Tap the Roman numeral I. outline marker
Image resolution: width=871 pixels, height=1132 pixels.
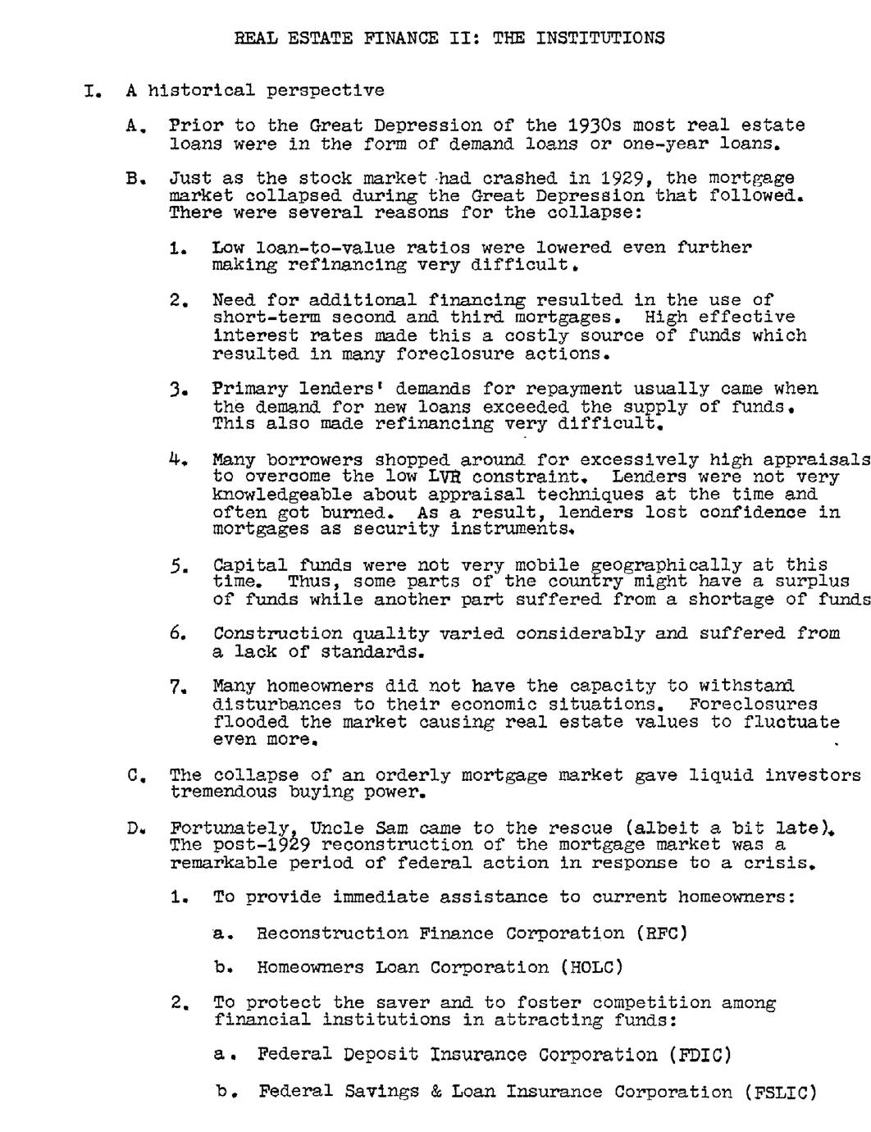92,91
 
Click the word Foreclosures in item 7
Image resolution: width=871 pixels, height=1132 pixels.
753,705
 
